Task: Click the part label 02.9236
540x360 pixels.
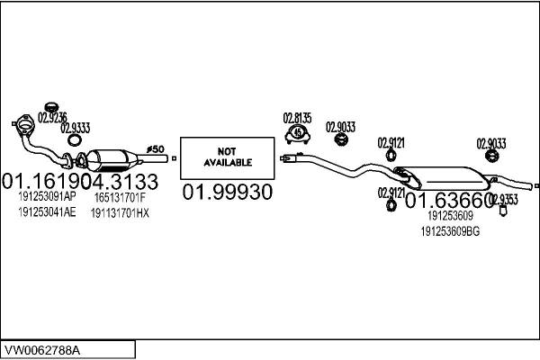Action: (50, 116)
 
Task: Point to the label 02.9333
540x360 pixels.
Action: (76, 128)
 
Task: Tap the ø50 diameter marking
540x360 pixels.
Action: (154, 148)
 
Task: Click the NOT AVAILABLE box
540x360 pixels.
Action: (227, 157)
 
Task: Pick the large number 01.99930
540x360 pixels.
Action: (227, 193)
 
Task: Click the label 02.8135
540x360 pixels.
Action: (297, 117)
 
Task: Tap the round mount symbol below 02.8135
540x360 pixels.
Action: (298, 134)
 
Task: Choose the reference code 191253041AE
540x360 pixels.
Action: (46, 212)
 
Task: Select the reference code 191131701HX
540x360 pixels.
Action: (120, 212)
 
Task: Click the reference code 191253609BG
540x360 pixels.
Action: (451, 231)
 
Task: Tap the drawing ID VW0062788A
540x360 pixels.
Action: (45, 348)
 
